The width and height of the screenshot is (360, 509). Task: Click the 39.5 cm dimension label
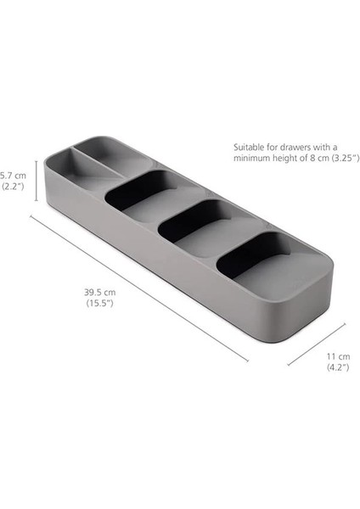pos(98,293)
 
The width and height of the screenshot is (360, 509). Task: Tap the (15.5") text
pos(98,303)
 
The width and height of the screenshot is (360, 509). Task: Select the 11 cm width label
pos(337,356)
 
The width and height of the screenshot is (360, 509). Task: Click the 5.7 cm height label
pos(14,175)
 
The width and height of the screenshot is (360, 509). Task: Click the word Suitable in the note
pos(248,146)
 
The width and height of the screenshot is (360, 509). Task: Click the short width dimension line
pos(317,344)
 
